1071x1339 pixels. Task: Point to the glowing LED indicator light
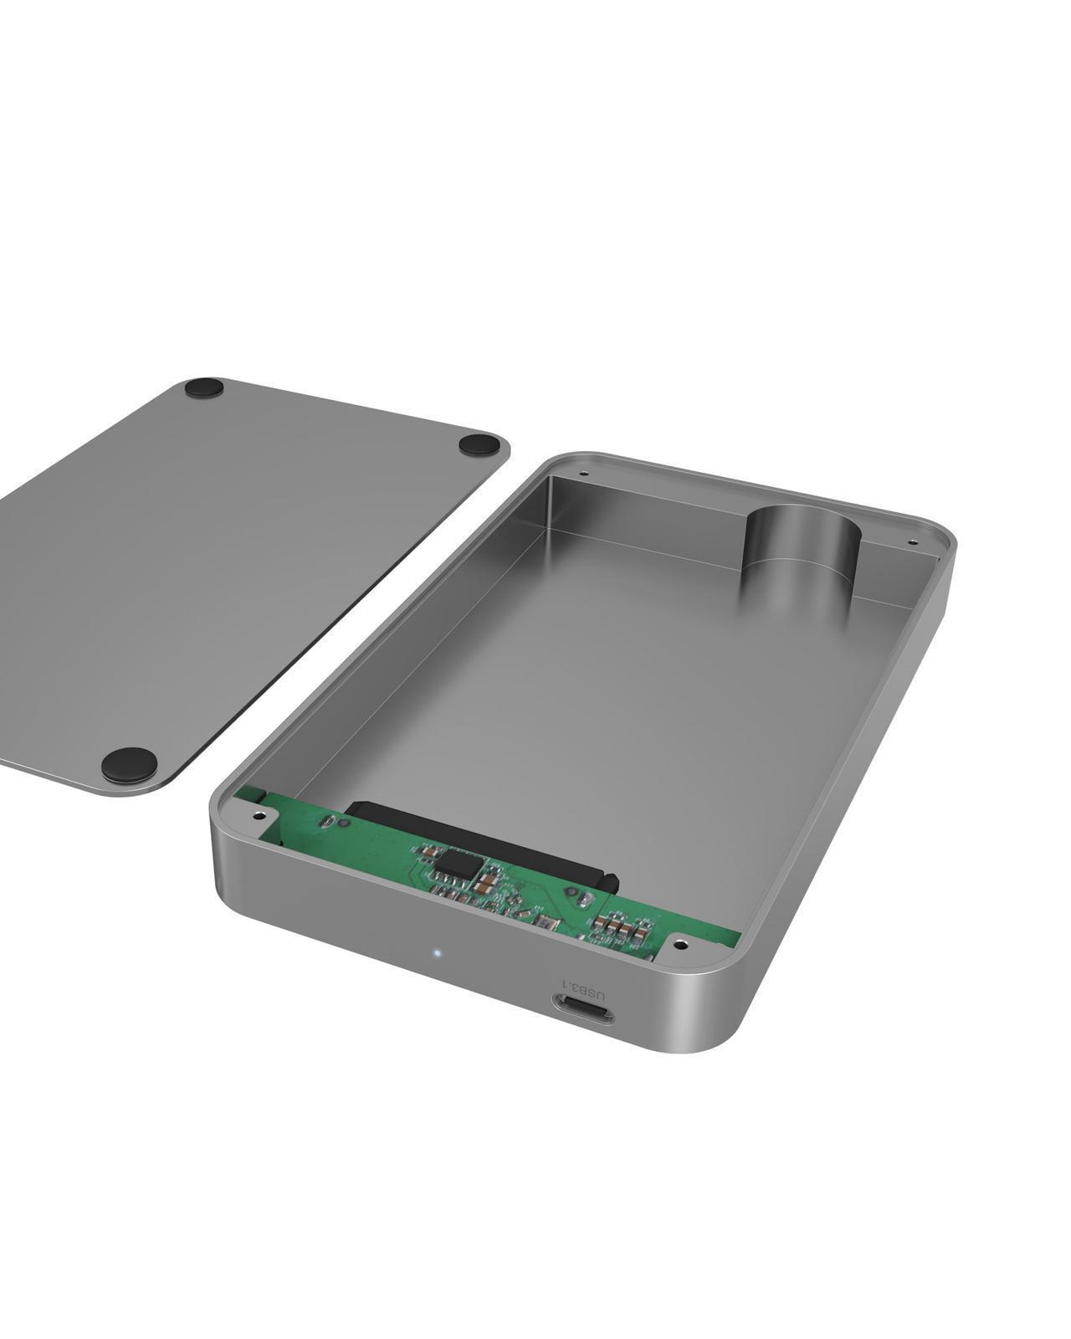point(437,952)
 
